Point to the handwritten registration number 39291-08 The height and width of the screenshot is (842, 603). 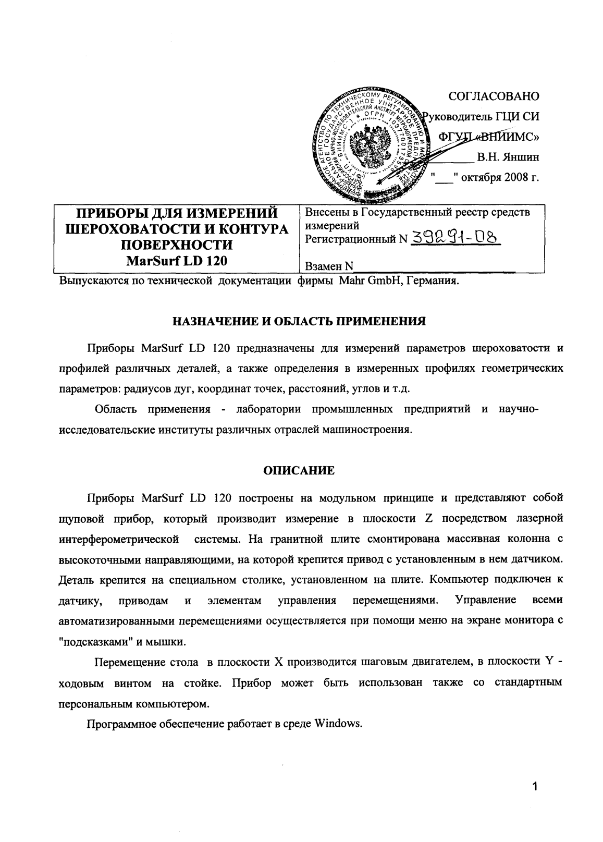coord(455,238)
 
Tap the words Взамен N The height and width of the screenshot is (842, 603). coord(328,266)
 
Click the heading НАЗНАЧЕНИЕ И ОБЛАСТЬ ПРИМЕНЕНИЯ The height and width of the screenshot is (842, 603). coord(300,321)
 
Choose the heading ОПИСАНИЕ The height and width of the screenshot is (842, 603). coord(299,471)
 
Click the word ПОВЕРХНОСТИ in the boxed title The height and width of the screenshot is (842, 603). coord(177,245)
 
